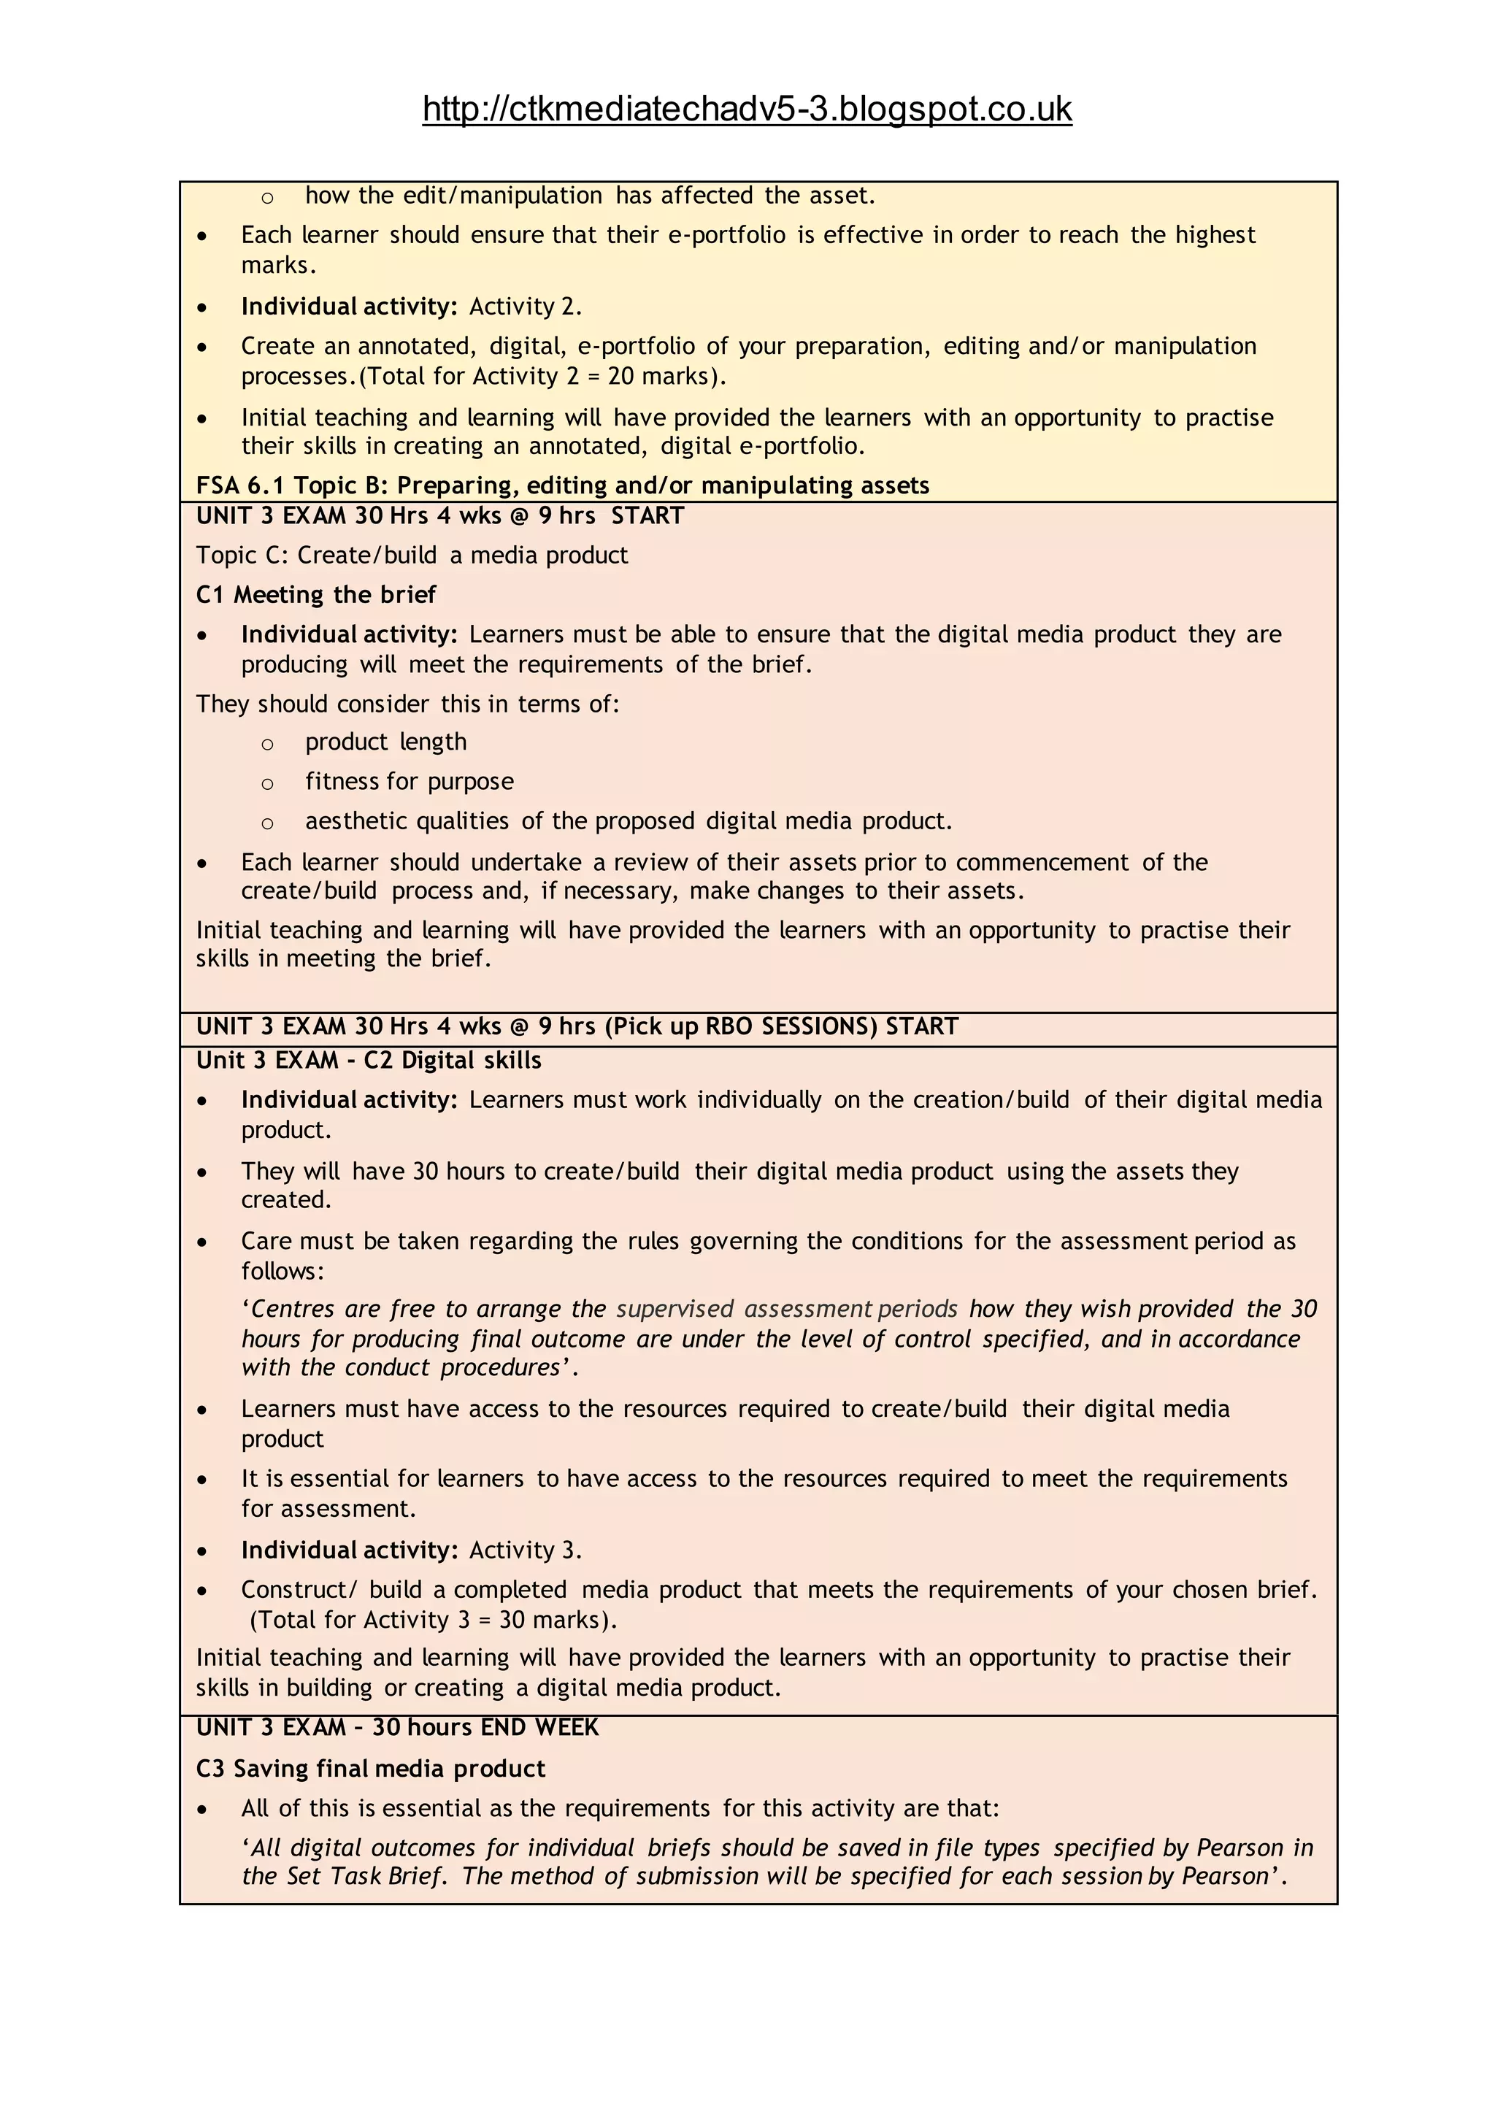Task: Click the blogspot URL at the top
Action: (x=747, y=109)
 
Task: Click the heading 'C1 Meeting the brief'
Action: (x=316, y=595)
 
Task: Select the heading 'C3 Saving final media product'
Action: (x=370, y=1768)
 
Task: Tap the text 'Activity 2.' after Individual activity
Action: (x=525, y=307)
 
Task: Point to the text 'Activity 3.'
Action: (x=525, y=1550)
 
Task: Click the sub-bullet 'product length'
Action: (x=385, y=742)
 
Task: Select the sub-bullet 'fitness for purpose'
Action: (x=410, y=782)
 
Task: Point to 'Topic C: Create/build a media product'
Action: (x=412, y=556)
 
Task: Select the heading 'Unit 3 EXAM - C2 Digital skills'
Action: (x=368, y=1061)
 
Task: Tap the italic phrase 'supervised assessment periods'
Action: (x=786, y=1310)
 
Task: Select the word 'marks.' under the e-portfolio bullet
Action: (x=279, y=265)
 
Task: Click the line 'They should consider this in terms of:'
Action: (x=407, y=704)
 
